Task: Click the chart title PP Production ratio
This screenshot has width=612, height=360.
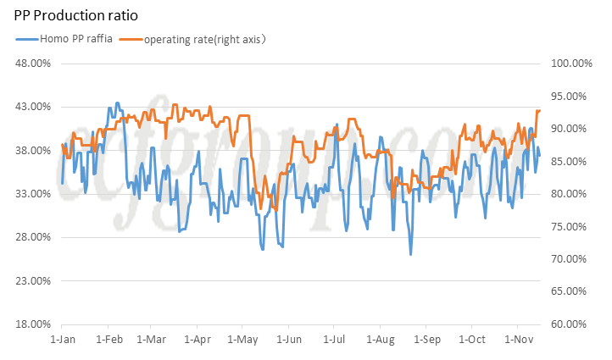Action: [x=76, y=15]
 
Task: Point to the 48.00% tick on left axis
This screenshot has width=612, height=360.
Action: [x=35, y=64]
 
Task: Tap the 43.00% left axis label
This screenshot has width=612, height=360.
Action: [x=35, y=107]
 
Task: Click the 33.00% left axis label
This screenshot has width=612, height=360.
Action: [x=35, y=194]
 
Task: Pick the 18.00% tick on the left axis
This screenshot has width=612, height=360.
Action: [x=35, y=324]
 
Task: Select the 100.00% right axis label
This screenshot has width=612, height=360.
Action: [x=570, y=64]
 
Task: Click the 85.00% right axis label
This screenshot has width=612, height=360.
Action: [x=570, y=162]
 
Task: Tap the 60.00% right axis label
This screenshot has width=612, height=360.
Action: [x=570, y=324]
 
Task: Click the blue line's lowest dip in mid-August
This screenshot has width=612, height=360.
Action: [x=410, y=254]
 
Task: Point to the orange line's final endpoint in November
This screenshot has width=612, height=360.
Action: [x=540, y=110]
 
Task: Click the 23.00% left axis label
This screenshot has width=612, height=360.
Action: [x=35, y=281]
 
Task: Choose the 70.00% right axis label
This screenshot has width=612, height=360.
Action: [x=570, y=259]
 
